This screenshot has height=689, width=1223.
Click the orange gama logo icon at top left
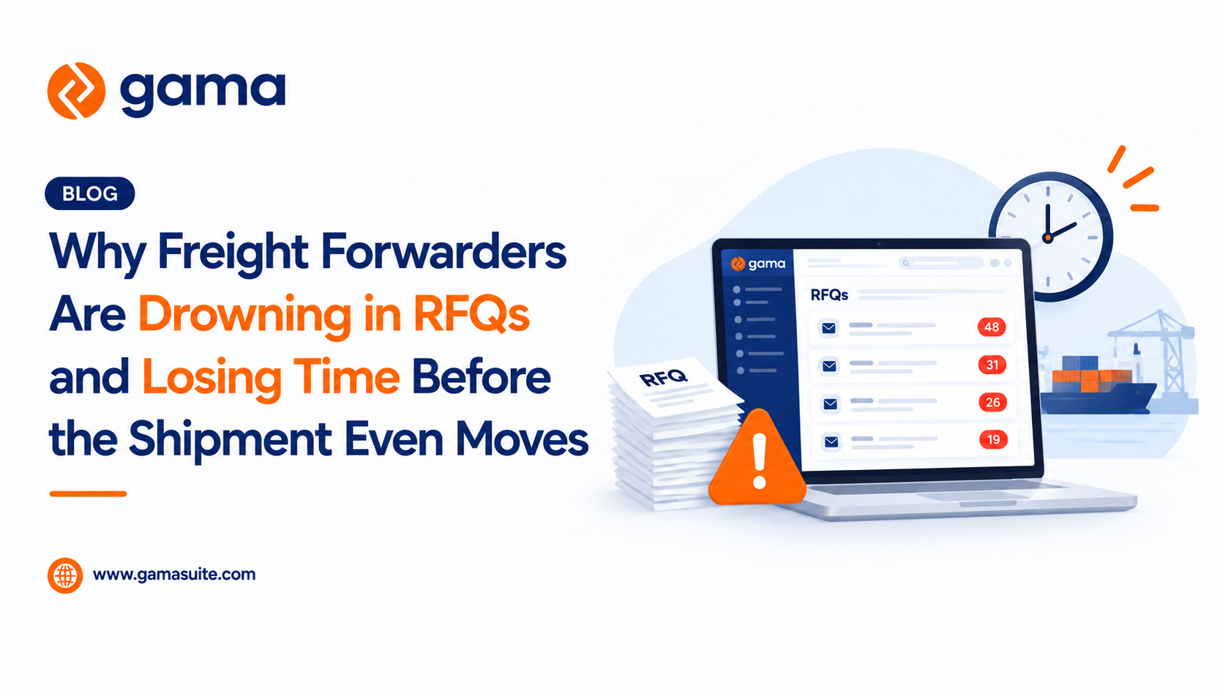pyautogui.click(x=76, y=91)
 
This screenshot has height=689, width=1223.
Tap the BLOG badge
pyautogui.click(x=89, y=193)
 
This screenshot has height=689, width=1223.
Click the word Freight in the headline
pyautogui.click(x=233, y=253)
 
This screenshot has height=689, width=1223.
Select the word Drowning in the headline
pyautogui.click(x=244, y=316)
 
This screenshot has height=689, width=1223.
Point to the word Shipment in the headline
pyautogui.click(x=231, y=439)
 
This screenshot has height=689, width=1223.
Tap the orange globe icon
pyautogui.click(x=65, y=576)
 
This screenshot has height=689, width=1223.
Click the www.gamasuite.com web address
pyautogui.click(x=174, y=575)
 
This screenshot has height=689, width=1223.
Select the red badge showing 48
pyautogui.click(x=992, y=327)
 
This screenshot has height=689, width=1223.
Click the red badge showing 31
pyautogui.click(x=992, y=365)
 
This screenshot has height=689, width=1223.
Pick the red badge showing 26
pyautogui.click(x=992, y=402)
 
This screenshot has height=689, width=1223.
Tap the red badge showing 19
pyautogui.click(x=993, y=440)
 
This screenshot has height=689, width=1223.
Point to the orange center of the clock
pyautogui.click(x=1047, y=238)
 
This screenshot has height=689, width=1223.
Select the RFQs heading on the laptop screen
pyautogui.click(x=829, y=295)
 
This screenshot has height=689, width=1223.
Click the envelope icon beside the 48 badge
pyautogui.click(x=829, y=328)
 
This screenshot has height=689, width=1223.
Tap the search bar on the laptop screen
pyautogui.click(x=940, y=264)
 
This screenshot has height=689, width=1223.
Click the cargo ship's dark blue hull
pyautogui.click(x=1097, y=399)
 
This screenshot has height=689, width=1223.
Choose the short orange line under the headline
pyautogui.click(x=88, y=494)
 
